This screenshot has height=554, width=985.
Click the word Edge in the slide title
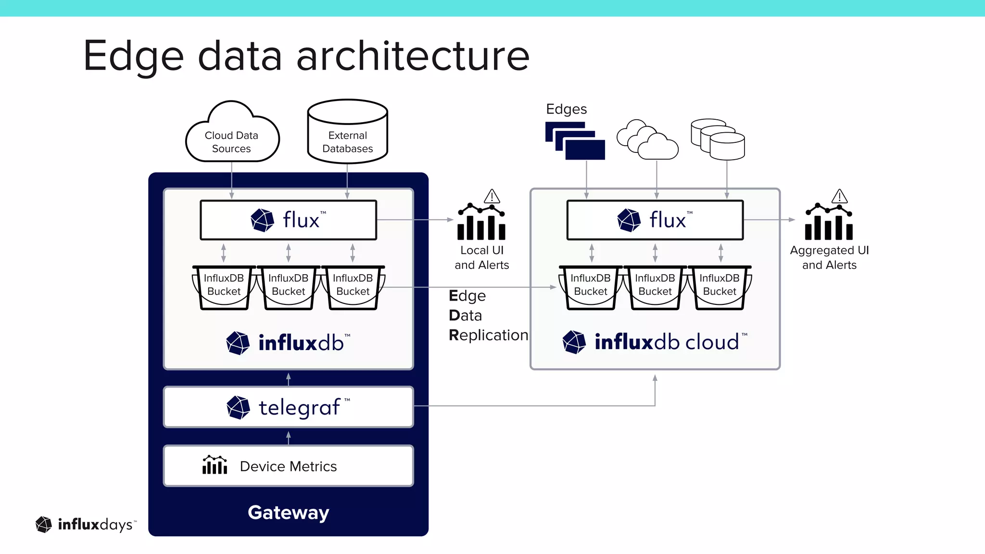point(133,57)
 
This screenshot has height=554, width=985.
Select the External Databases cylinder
point(347,135)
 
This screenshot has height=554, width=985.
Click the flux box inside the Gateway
point(288,220)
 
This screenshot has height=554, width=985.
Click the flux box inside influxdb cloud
point(655,220)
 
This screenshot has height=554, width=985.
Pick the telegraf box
point(288,407)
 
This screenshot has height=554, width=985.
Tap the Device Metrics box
point(288,466)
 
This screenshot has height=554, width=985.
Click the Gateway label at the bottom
point(288,512)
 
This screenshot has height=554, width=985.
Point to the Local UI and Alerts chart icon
point(481,224)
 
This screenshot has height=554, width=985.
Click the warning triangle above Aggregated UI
point(839,196)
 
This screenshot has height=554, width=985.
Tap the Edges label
point(566,109)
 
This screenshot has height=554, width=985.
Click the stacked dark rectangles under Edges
point(575,141)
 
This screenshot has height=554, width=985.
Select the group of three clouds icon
point(647,140)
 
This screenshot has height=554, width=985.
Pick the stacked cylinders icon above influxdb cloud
point(718,139)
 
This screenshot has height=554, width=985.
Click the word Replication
point(488,335)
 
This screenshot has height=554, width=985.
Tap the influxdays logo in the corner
point(86,524)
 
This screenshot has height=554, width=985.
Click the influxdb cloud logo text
point(666,342)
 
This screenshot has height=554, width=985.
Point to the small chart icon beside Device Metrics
point(215,465)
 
